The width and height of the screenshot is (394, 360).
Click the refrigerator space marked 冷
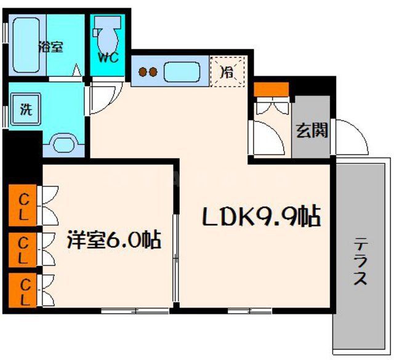[x=227, y=71]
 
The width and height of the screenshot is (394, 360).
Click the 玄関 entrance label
[x=312, y=130]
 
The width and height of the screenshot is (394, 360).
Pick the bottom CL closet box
[x=23, y=292]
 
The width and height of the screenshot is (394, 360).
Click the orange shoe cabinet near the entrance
[x=271, y=89]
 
